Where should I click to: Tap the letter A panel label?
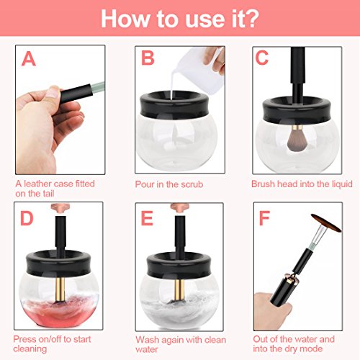tap(29, 59)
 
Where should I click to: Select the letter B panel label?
tap(148, 58)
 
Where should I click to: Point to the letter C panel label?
tap(262, 58)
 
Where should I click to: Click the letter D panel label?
tap(27, 218)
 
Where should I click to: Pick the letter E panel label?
tap(147, 218)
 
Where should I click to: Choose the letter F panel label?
tap(264, 218)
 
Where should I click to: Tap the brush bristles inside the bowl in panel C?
tap(296, 140)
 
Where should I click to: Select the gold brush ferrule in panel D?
tap(60, 289)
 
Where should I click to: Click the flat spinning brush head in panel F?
tap(326, 223)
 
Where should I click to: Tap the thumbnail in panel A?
tap(53, 92)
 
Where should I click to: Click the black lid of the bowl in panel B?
tap(178, 104)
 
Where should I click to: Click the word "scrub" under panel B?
tap(192, 184)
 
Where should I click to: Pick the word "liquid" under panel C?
tap(342, 184)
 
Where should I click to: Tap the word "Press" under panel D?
tap(25, 339)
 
